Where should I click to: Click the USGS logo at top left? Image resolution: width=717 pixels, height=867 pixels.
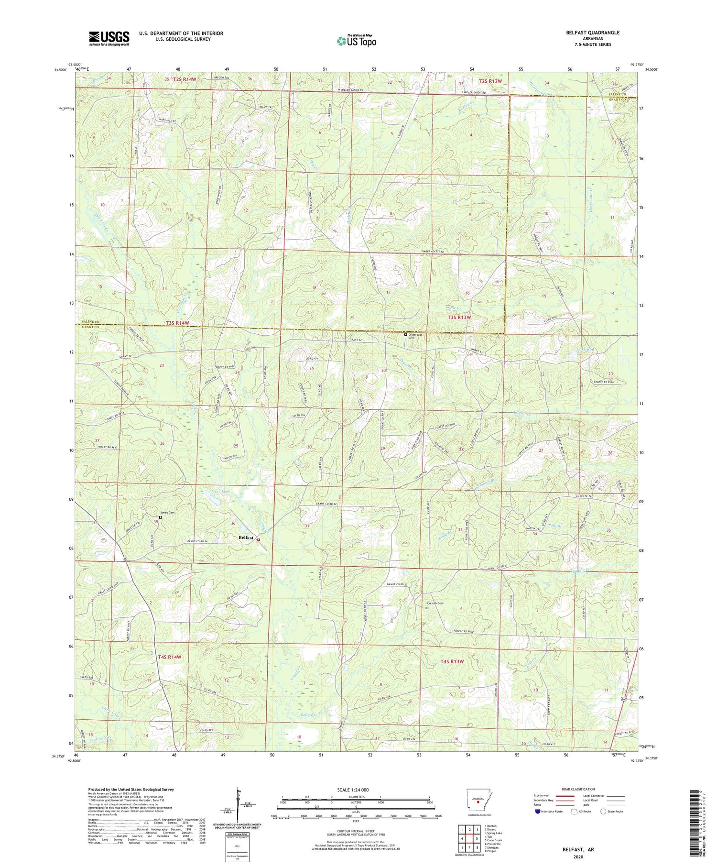click(109, 38)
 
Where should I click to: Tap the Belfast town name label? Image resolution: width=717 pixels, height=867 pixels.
click(246, 538)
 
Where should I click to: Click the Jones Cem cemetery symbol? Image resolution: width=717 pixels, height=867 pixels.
click(161, 517)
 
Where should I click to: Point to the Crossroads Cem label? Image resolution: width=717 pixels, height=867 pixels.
click(415, 336)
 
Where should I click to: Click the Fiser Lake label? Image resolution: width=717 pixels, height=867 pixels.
click(221, 491)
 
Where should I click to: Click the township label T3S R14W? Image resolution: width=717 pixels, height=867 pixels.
click(177, 323)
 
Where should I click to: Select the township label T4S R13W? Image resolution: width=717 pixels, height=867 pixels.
click(452, 661)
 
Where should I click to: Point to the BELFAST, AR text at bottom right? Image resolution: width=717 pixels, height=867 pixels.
click(578, 849)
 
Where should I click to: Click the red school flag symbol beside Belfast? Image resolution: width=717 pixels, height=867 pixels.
click(259, 539)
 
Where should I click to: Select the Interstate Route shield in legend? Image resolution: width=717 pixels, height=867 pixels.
click(538, 812)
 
